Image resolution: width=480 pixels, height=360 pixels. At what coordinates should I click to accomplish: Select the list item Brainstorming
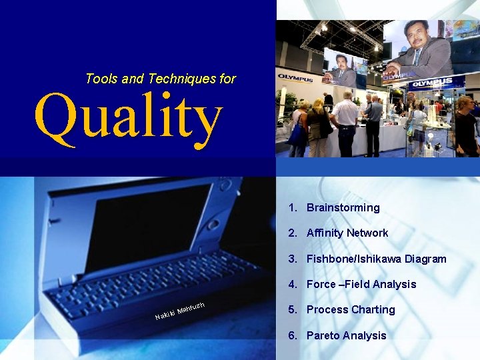(x=343, y=207)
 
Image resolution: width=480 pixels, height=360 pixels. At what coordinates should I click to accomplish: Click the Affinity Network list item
(x=347, y=233)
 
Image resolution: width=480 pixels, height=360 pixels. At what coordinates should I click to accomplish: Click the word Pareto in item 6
(x=323, y=335)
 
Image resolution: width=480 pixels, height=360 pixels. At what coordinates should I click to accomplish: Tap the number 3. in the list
(x=293, y=259)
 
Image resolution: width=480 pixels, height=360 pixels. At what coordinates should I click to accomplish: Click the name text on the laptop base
(x=179, y=311)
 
